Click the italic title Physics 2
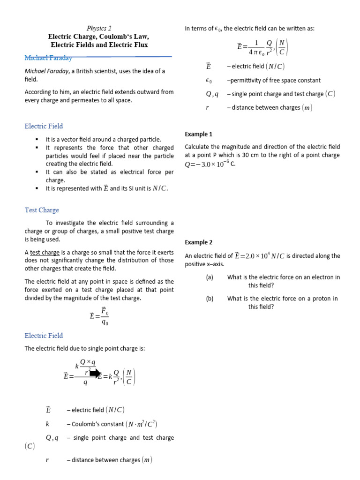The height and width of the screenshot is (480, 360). (99, 28)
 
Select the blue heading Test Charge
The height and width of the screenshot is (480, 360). (42, 210)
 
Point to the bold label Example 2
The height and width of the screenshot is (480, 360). (198, 242)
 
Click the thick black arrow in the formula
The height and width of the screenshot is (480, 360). (95, 373)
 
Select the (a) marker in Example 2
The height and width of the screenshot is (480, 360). (210, 277)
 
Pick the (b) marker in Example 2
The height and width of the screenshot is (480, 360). (210, 299)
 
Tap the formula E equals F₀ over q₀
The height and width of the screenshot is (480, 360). (99, 316)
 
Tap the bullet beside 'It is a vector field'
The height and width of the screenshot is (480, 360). (36, 140)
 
